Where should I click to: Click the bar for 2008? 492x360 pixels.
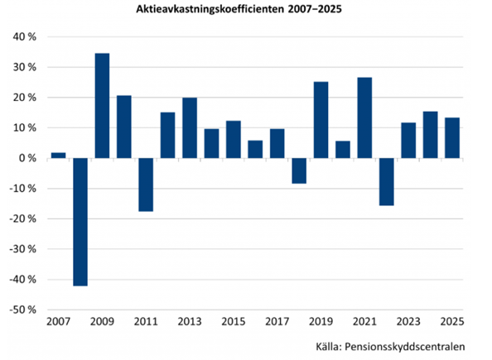(80, 222)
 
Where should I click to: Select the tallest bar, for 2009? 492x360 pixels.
(102, 105)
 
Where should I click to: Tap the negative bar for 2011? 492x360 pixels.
(146, 185)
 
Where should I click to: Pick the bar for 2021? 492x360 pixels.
(364, 118)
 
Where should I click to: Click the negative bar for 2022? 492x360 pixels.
(386, 181)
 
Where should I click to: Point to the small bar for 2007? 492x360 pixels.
(58, 155)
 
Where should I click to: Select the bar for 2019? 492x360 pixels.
(321, 120)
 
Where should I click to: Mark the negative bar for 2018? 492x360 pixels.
(299, 170)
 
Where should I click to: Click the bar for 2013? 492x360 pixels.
(190, 127)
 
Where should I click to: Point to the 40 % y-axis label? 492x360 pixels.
(23, 37)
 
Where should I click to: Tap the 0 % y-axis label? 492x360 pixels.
(27, 158)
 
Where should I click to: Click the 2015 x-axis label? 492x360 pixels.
(233, 321)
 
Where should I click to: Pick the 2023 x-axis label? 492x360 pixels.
(408, 321)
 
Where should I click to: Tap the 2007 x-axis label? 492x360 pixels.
(58, 321)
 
